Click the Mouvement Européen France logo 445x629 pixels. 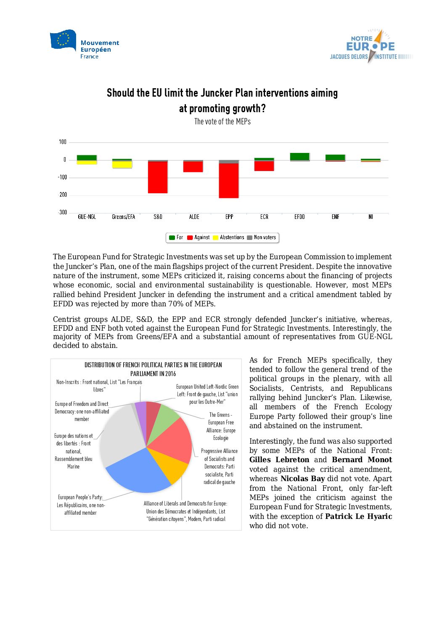(85, 45)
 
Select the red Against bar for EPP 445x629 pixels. (229, 180)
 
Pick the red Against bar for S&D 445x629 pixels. (158, 177)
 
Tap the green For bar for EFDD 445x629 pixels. (299, 156)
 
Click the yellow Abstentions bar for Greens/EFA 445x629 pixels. (122, 165)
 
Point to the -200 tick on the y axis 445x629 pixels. (63, 195)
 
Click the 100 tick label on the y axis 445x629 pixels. (63, 142)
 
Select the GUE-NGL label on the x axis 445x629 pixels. (87, 217)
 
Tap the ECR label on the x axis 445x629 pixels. (264, 217)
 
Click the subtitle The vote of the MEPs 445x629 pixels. (222, 121)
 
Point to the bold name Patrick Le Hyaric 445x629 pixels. (358, 516)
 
